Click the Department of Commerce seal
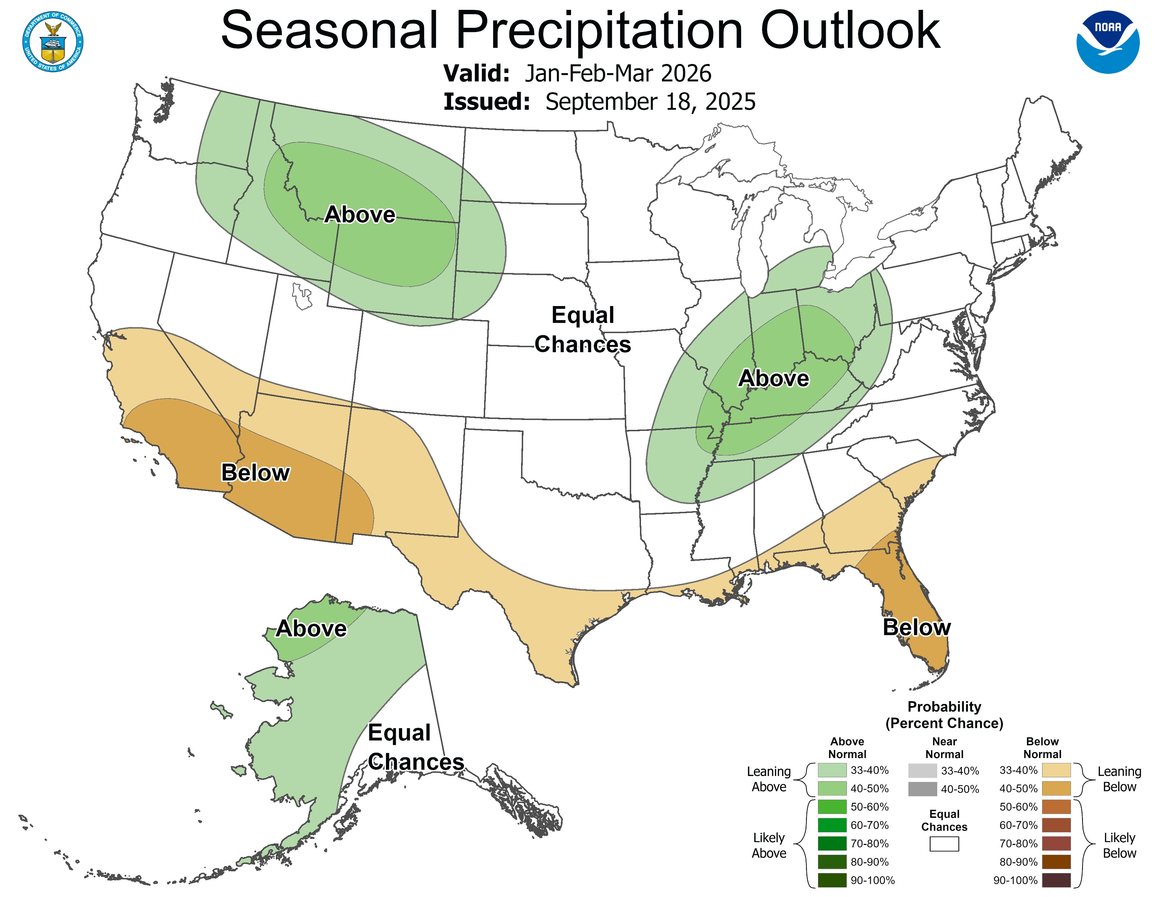53,42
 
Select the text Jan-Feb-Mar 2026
618,73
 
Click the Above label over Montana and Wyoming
360,215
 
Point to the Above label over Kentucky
773,378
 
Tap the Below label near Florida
916,628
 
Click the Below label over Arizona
255,472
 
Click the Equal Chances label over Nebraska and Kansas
583,330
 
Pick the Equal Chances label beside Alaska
415,747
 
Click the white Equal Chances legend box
944,844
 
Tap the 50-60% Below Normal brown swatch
1056,807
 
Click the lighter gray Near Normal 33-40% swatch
922,770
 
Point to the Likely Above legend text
769,845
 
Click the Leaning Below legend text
1119,779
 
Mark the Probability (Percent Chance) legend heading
944,715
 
